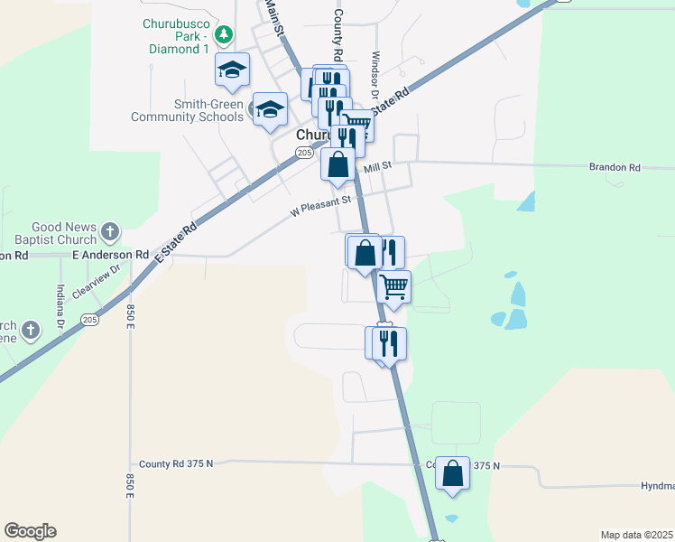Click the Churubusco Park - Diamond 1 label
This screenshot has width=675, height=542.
pyautogui.click(x=176, y=36)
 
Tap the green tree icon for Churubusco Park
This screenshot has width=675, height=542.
pyautogui.click(x=225, y=35)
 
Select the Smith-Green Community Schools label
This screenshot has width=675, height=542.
pyautogui.click(x=188, y=110)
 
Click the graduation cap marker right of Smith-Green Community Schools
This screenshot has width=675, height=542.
pyautogui.click(x=269, y=110)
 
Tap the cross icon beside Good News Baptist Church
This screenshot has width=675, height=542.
pyautogui.click(x=110, y=231)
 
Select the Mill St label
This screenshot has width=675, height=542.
pyautogui.click(x=377, y=167)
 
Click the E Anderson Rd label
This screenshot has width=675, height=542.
pyautogui.click(x=110, y=256)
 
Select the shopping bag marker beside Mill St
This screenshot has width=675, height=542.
pyautogui.click(x=337, y=165)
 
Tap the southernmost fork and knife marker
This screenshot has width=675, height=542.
pyautogui.click(x=389, y=343)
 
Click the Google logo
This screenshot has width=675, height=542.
pyautogui.click(x=30, y=531)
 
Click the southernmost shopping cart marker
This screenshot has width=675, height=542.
pyautogui.click(x=394, y=287)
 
